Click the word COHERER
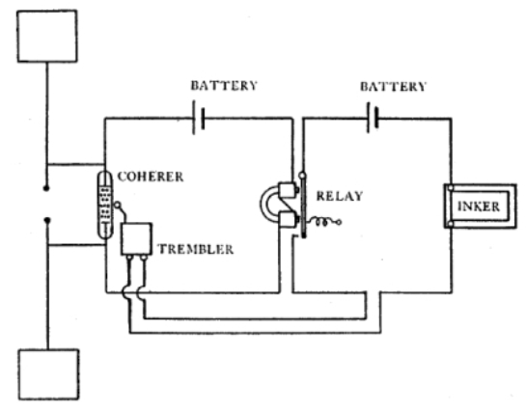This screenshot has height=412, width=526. [151, 177]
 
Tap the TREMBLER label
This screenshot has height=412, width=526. [196, 249]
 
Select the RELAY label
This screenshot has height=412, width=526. [340, 196]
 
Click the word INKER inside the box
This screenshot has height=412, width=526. [479, 206]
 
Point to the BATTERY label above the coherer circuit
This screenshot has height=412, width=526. [224, 86]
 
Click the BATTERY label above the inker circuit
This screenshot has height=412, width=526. [393, 87]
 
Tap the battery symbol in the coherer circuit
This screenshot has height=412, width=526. [198, 118]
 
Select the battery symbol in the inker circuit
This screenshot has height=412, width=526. [373, 118]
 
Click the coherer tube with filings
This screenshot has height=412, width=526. [105, 205]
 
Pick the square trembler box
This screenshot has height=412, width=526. [136, 239]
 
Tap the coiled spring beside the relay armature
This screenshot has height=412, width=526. [324, 222]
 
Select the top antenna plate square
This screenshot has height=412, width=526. [47, 37]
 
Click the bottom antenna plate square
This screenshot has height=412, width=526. [48, 374]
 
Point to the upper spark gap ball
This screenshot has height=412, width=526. [46, 188]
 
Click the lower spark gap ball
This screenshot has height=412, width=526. [47, 220]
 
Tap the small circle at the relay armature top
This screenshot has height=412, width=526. [302, 175]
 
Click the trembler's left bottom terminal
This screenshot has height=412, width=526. [129, 258]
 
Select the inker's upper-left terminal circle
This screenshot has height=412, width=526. [451, 188]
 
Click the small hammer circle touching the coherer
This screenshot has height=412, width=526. [118, 205]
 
